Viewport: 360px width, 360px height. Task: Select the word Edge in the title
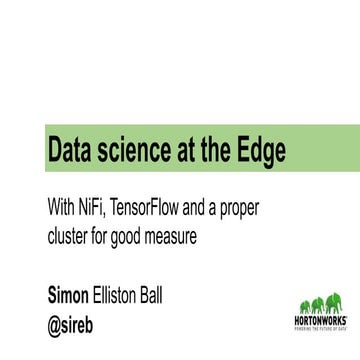(260, 152)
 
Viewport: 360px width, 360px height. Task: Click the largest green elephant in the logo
(333, 302)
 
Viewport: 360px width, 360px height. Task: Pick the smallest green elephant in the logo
(304, 306)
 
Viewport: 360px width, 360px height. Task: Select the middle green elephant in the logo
(317, 304)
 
